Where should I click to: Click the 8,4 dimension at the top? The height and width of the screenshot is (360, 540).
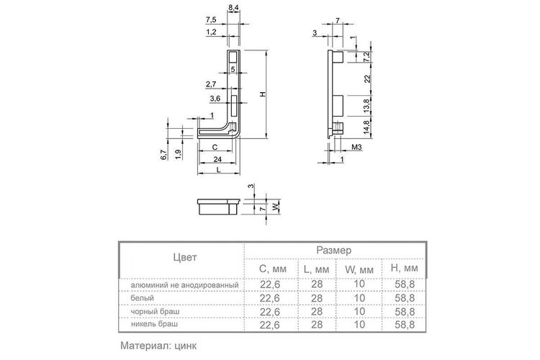pyautogui.click(x=233, y=6)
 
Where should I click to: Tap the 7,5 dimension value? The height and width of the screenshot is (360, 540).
pyautogui.click(x=211, y=20)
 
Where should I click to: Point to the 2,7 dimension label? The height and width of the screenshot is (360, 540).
pyautogui.click(x=211, y=84)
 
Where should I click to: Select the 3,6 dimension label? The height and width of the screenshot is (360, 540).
pyautogui.click(x=215, y=99)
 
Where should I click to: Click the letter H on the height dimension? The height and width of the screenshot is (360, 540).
pyautogui.click(x=263, y=94)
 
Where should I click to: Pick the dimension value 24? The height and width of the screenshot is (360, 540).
pyautogui.click(x=217, y=159)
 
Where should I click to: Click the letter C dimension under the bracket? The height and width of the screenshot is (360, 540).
pyautogui.click(x=215, y=148)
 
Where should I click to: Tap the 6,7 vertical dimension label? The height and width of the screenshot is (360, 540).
pyautogui.click(x=164, y=155)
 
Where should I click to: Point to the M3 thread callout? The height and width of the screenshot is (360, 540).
pyautogui.click(x=356, y=148)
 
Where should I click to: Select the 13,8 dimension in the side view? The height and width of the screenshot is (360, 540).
pyautogui.click(x=366, y=106)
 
